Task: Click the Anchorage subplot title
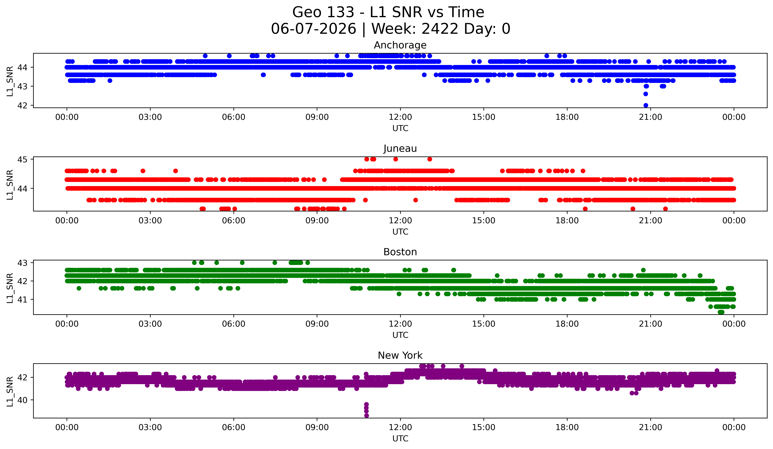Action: click(400, 45)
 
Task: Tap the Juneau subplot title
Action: click(400, 148)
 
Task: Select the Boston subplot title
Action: click(400, 252)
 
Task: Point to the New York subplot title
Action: click(400, 355)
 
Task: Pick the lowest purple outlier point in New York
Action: click(366, 416)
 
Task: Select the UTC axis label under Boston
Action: click(400, 335)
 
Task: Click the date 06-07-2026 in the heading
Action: click(313, 29)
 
